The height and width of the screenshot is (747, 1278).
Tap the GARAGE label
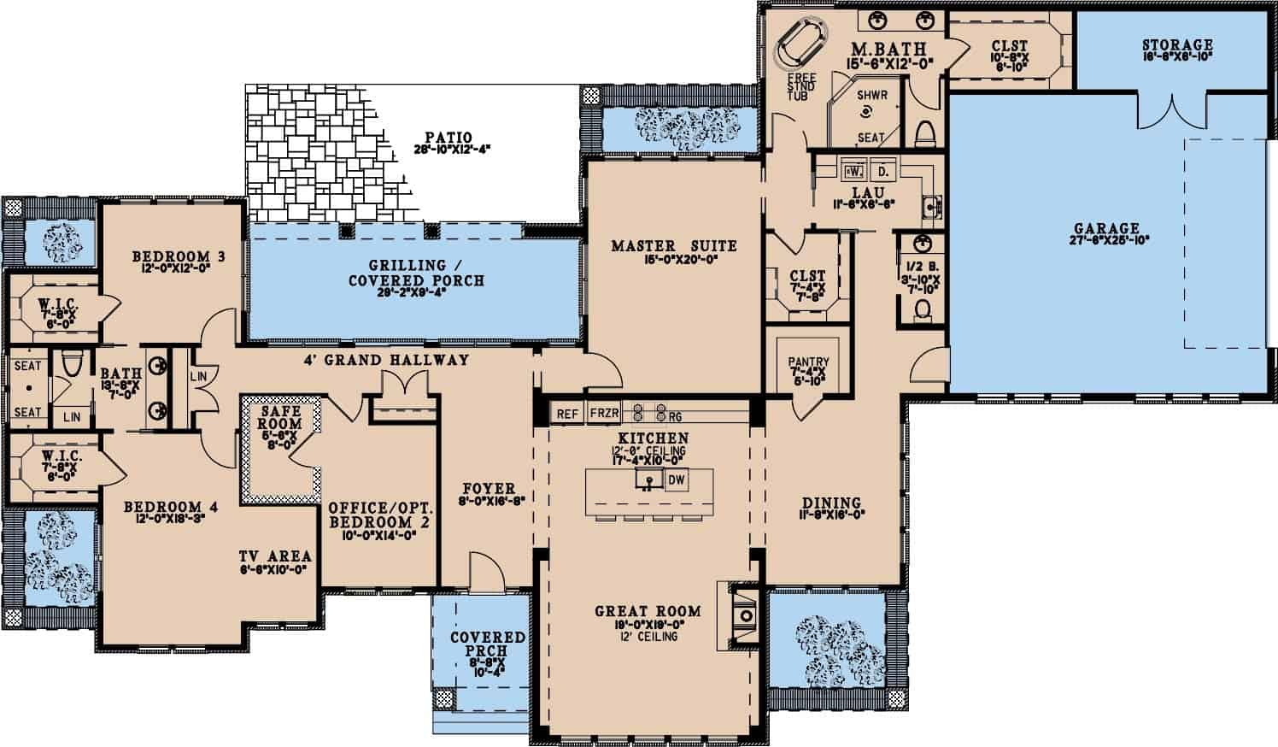pos(1106,228)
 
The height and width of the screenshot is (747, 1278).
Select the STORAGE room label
pos(1176,45)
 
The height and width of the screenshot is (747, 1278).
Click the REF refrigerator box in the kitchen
pos(567,415)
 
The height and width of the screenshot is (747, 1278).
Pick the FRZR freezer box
pos(604,415)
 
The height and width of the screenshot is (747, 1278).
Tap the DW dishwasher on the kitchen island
pos(676,480)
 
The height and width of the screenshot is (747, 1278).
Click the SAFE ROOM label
pos(280,418)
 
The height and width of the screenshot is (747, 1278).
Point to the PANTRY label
pos(808,362)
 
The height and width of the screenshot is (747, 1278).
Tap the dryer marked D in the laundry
pos(883,171)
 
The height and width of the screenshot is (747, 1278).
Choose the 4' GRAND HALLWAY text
pos(386,360)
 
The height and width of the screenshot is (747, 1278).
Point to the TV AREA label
pos(275,556)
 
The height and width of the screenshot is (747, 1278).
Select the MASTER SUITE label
pos(673,246)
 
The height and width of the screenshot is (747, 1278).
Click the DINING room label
pos(831,503)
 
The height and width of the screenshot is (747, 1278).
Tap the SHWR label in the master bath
pos(872,96)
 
